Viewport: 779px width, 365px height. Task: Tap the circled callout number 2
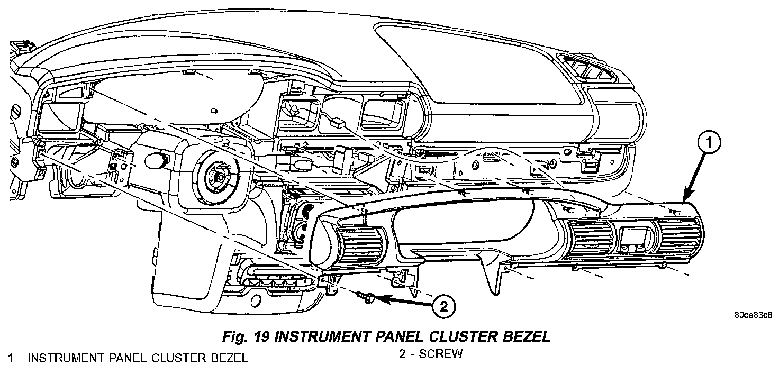pyautogui.click(x=443, y=305)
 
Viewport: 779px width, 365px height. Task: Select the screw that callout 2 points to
pyautogui.click(x=366, y=297)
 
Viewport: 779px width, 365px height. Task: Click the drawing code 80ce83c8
pyautogui.click(x=754, y=316)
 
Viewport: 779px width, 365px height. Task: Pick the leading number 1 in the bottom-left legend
pyautogui.click(x=10, y=358)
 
